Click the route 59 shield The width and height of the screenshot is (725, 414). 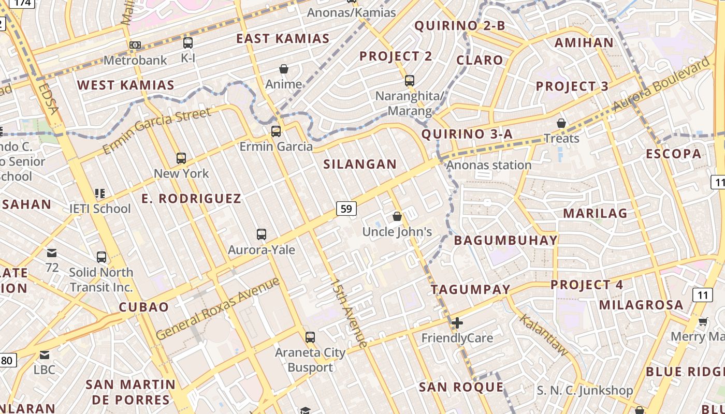346,209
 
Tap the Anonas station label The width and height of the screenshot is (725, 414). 488,165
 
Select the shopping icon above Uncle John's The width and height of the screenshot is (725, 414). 397,216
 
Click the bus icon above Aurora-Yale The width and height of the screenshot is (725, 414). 262,234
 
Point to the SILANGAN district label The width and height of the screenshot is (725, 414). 360,164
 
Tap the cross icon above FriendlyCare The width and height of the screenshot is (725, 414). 457,323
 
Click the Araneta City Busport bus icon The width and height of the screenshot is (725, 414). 310,337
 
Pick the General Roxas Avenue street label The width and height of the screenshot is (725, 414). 218,308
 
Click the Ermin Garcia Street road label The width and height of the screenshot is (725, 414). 157,131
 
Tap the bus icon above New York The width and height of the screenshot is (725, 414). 181,158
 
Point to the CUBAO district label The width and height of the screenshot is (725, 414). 144,307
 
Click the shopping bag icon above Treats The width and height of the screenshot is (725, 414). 561,123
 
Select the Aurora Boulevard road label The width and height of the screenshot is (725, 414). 661,84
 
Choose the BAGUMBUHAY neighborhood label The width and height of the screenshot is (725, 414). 505,240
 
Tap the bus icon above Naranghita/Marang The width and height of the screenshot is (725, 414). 410,81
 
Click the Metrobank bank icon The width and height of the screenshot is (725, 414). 135,45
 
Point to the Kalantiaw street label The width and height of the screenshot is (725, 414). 544,335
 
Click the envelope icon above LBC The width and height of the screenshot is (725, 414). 45,355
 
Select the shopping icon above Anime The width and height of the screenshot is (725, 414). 283,69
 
